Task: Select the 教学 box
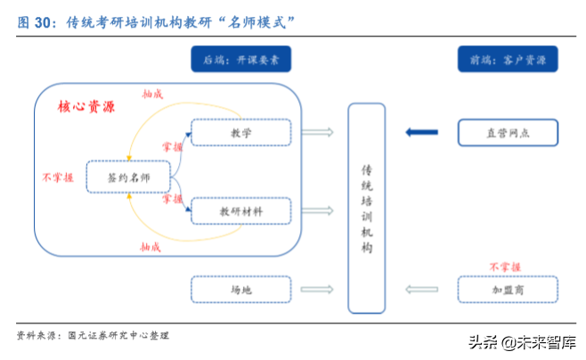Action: (241, 133)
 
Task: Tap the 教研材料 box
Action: (241, 211)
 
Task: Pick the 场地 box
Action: (241, 290)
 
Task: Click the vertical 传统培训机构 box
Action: (366, 209)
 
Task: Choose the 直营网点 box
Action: (508, 133)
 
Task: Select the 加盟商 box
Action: (508, 290)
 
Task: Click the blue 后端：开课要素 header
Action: (241, 61)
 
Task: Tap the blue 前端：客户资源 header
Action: (508, 61)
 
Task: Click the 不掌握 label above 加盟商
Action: (505, 266)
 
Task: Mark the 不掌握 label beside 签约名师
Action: (58, 177)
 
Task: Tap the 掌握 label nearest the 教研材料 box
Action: (172, 200)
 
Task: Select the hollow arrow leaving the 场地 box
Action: (318, 290)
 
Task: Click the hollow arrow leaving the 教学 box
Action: (318, 133)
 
